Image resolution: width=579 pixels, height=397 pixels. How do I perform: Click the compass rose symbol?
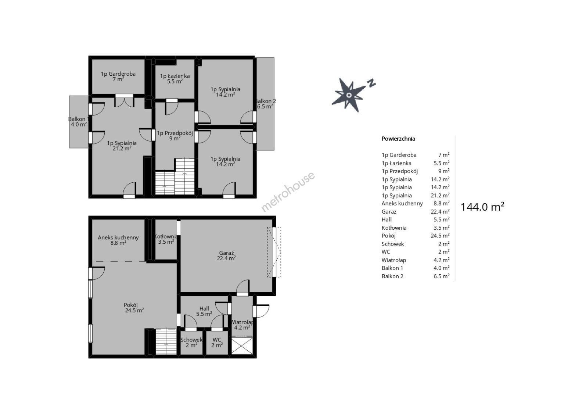point(349,95)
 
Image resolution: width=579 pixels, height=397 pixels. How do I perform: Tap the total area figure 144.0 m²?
point(482,207)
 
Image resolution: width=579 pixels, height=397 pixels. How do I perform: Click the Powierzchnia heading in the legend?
point(398,139)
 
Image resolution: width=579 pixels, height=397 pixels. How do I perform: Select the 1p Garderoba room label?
point(118,76)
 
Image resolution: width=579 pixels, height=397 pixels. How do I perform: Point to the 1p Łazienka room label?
point(175,78)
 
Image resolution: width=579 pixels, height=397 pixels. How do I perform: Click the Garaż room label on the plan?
point(226,255)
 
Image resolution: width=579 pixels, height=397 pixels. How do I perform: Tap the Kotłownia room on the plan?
point(166,239)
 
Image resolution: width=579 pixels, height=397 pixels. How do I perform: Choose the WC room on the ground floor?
point(217,342)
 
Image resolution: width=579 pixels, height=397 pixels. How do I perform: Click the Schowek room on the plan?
point(191,342)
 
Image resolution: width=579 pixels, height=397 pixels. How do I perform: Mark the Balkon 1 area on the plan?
point(79,122)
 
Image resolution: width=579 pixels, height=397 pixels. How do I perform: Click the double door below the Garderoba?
point(124,101)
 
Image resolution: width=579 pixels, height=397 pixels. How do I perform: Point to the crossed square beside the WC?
point(242,346)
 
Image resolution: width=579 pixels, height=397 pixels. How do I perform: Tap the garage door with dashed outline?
point(274,252)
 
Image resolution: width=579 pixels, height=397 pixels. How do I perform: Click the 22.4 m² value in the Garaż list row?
point(440,212)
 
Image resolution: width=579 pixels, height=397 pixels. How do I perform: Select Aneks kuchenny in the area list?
point(402,204)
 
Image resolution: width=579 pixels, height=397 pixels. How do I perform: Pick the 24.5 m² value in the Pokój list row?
point(440,236)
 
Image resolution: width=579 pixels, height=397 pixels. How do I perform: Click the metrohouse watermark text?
point(288,192)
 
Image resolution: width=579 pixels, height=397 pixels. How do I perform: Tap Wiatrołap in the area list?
point(394,260)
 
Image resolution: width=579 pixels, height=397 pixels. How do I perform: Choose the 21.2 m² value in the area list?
point(440,195)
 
